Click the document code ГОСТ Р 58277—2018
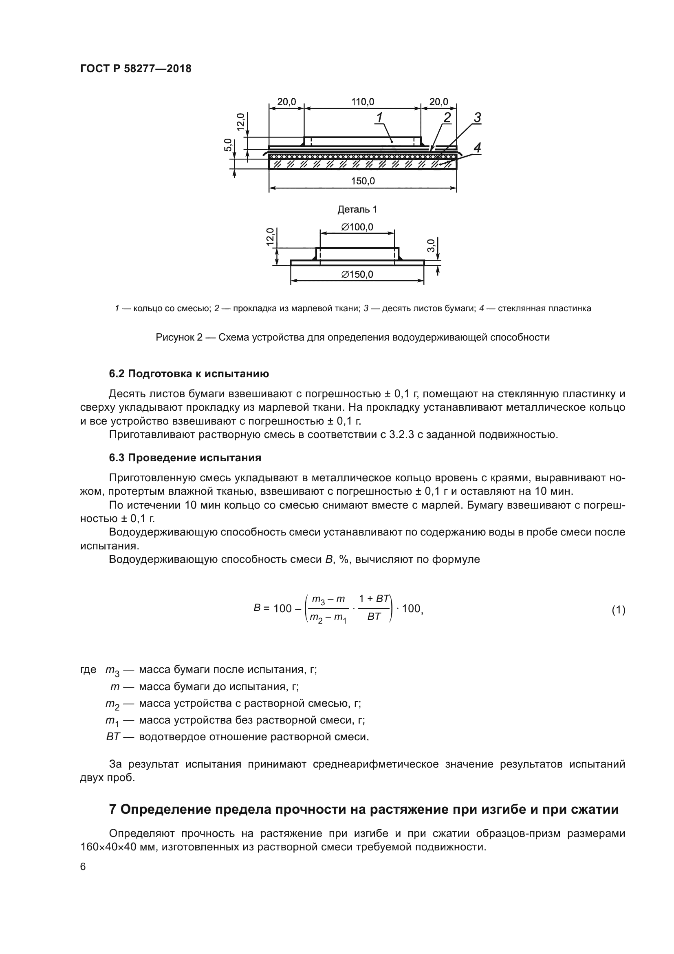click(x=136, y=69)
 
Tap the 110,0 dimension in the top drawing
click(x=362, y=102)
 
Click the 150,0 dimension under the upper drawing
click(x=363, y=181)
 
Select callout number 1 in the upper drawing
click(x=379, y=118)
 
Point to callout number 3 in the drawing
click(x=477, y=118)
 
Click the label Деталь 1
click(x=357, y=209)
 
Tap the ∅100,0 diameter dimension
click(x=357, y=227)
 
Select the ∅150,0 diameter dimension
click(x=357, y=274)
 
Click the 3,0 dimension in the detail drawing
click(x=431, y=246)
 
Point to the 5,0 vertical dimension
click(x=228, y=145)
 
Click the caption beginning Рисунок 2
click(x=352, y=337)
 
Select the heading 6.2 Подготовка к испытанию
click(x=189, y=374)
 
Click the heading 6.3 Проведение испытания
click(x=185, y=458)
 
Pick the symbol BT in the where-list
click(x=113, y=737)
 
